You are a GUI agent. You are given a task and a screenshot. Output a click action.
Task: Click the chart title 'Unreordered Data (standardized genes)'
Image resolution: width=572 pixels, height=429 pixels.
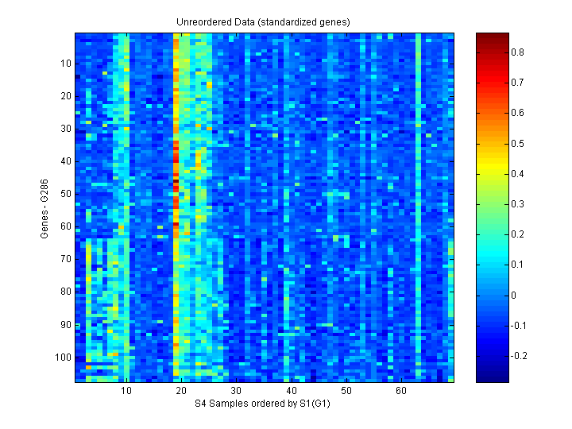[x=263, y=21]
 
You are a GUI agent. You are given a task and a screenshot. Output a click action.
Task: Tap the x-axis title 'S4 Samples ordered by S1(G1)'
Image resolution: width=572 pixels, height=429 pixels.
[x=263, y=404]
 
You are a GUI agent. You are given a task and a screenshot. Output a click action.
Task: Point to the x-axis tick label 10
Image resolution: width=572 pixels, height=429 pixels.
[x=126, y=392]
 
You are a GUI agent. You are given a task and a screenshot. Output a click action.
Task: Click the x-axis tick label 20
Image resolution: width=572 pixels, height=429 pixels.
[x=181, y=392]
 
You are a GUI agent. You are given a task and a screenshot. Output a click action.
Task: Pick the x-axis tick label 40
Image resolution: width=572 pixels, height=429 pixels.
[x=292, y=392]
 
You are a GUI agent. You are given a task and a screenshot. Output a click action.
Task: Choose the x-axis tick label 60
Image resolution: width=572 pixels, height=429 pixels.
[x=401, y=392]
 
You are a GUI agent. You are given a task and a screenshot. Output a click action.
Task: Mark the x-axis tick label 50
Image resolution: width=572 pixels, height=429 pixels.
[x=346, y=392]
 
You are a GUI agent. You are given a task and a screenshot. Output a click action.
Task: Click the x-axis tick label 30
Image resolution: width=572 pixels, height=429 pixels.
[x=237, y=392]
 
